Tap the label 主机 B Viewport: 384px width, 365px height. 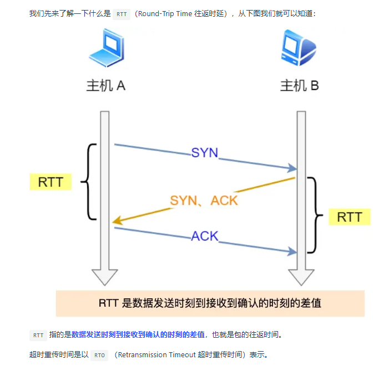(x=299, y=86)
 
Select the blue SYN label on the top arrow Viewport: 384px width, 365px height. (x=204, y=152)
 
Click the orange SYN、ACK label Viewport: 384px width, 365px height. (x=204, y=200)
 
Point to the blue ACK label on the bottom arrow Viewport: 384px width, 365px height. (x=204, y=236)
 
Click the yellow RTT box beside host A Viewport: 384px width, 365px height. (x=50, y=181)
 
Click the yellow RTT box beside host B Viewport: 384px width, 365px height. (x=349, y=217)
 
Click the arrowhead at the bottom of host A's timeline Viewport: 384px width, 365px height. (x=104, y=276)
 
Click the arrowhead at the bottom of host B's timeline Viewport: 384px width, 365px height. (x=301, y=276)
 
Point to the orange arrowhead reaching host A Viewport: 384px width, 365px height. (x=118, y=222)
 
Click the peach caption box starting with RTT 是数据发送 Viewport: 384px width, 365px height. (x=210, y=303)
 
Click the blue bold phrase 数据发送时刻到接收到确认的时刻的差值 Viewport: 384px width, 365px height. (x=138, y=335)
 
